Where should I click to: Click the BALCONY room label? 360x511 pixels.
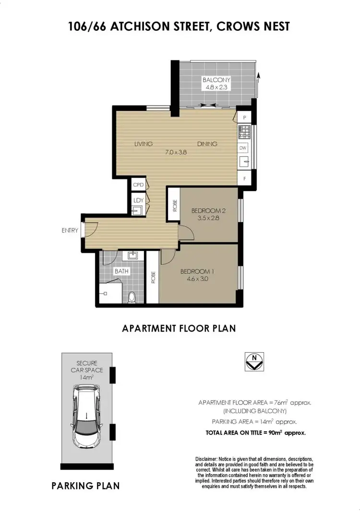click(x=216, y=80)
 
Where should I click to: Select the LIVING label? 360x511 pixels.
click(x=143, y=144)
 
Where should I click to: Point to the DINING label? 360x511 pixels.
click(x=206, y=144)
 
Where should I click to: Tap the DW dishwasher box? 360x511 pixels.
click(x=244, y=148)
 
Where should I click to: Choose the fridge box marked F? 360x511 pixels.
click(x=244, y=179)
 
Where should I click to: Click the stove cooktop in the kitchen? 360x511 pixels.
click(x=244, y=131)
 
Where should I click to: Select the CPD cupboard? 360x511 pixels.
click(x=138, y=184)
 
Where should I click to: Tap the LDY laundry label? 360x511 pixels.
click(x=138, y=200)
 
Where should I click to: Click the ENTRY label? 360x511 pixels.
click(x=70, y=231)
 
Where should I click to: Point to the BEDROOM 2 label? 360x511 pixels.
click(x=208, y=211)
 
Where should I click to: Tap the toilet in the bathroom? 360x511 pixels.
click(x=133, y=297)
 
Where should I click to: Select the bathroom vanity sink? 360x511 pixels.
click(x=133, y=256)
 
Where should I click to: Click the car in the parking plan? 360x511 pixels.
click(x=86, y=416)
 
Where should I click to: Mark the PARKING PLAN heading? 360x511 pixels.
click(x=85, y=486)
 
